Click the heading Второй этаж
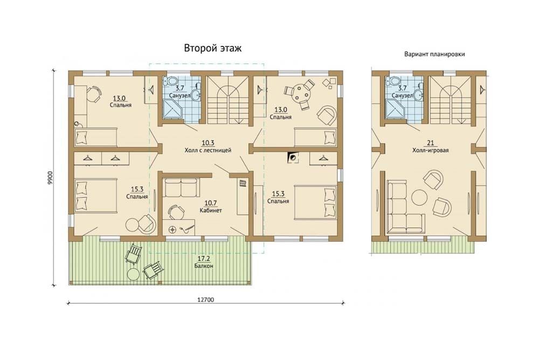point(213,48)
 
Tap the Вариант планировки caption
point(434,54)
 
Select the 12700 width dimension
point(205,300)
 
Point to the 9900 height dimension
point(51,178)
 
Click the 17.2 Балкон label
point(204,262)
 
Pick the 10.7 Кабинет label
point(210,206)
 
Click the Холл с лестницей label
point(208,150)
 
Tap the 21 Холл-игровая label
point(430,147)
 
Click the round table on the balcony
point(133,274)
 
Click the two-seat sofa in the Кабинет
point(181,187)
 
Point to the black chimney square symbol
point(293,158)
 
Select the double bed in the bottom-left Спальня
point(95,195)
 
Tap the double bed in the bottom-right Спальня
point(315,202)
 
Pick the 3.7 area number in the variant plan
point(402,88)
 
